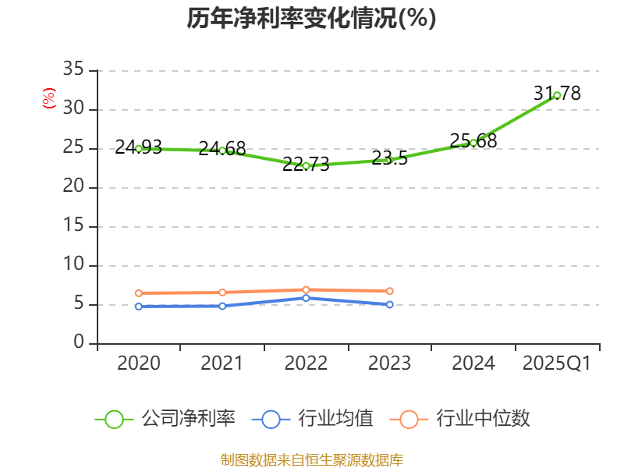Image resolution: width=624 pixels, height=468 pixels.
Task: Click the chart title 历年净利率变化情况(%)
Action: click(x=311, y=19)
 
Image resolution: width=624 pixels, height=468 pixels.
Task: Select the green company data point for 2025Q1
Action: click(x=557, y=95)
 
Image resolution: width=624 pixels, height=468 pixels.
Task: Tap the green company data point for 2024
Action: click(x=473, y=143)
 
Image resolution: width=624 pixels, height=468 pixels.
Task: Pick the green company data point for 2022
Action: click(x=306, y=165)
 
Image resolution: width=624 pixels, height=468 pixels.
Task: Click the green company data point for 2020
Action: click(x=139, y=148)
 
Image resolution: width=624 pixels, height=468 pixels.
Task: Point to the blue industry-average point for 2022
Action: click(x=306, y=298)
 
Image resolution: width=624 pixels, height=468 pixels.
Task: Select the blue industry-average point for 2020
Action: click(x=139, y=307)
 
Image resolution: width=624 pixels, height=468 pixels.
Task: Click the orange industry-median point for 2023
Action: click(x=390, y=291)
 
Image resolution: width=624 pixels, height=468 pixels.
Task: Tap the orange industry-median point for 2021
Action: click(x=222, y=292)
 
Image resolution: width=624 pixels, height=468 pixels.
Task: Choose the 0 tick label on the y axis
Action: click(x=79, y=343)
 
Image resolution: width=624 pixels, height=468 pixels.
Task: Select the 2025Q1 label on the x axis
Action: click(x=557, y=363)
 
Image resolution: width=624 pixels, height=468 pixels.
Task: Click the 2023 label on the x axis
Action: click(x=390, y=363)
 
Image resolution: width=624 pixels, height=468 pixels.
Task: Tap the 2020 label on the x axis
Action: click(x=139, y=363)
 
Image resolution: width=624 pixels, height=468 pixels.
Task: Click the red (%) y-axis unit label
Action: click(x=49, y=99)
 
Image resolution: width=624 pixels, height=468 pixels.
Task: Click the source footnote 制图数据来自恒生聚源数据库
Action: click(x=311, y=459)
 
